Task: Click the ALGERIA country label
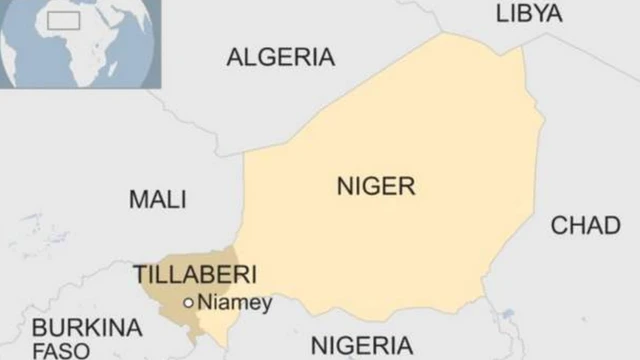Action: point(280,57)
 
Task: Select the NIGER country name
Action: point(375,186)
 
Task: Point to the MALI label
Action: point(158,199)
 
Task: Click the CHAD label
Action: point(585,225)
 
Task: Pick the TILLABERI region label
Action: point(195,273)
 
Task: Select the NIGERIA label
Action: point(361,346)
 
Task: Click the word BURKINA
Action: point(86,328)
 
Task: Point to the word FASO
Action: point(60,350)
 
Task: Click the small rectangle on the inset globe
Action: point(64,21)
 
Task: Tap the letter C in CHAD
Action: point(559,225)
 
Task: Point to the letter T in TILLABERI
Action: point(140,273)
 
